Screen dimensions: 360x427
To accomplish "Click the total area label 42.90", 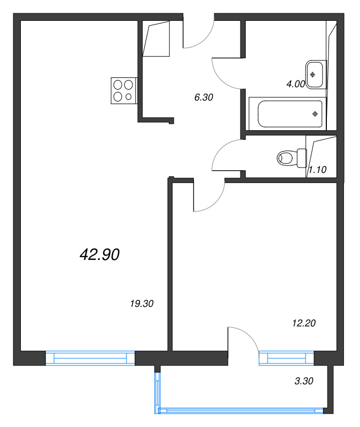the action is coord(99,255).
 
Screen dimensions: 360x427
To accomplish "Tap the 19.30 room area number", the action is coord(142,303).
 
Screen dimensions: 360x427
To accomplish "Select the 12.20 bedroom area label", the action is coord(304,323).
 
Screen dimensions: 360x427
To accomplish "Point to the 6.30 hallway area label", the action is coord(204,97).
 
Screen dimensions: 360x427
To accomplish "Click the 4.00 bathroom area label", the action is coord(295,84).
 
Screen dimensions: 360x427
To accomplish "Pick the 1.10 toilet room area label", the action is coord(317,170).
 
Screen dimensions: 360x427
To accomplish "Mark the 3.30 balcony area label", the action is coord(304,381).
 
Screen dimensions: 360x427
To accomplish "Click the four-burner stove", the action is coord(124,91).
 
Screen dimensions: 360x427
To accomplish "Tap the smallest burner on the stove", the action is coord(129,97).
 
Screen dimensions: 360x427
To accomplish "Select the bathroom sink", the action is coord(316,74).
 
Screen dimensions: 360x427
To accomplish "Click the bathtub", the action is coord(287,114).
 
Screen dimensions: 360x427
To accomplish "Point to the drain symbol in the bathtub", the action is coord(315,114).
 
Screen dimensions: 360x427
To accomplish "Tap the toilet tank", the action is coord(302,158).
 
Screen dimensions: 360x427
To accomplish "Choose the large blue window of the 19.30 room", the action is coord(90,358).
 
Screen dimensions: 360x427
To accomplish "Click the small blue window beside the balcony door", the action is coord(286,358).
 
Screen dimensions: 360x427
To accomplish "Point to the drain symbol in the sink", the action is coord(312,75).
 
